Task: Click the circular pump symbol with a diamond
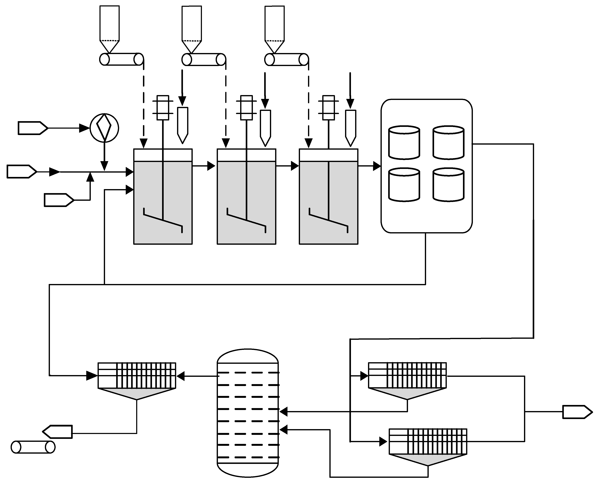[104, 128]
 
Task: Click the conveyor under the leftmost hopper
[121, 59]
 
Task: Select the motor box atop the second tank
[246, 108]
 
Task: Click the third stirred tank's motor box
[329, 108]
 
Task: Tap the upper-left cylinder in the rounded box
[404, 143]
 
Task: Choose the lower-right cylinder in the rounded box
[448, 184]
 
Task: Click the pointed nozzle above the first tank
[183, 125]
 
